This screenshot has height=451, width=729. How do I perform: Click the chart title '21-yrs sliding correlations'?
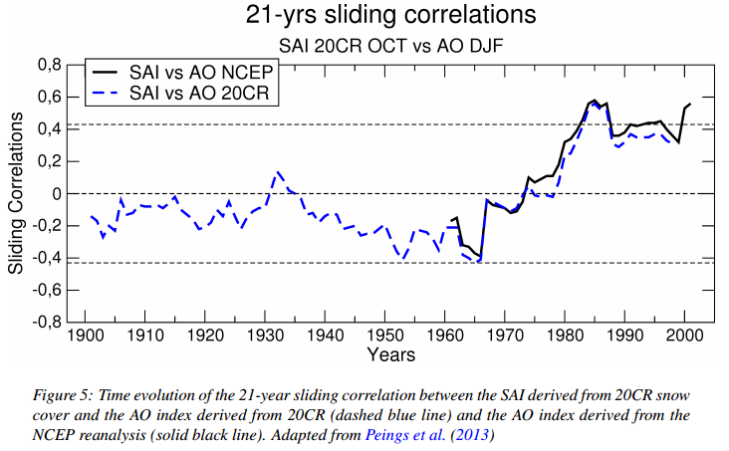coord(390,15)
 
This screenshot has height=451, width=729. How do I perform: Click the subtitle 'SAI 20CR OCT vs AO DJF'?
coord(390,46)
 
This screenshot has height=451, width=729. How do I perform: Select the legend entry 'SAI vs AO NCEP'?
coord(201,72)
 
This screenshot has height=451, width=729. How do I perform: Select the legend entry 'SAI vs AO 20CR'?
coord(199,93)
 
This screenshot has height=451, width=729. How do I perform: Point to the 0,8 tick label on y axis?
coord(50,65)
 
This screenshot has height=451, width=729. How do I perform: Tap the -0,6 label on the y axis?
coord(47,290)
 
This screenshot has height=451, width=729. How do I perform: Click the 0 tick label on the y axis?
coord(57,193)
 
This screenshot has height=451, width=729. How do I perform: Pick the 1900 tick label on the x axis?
coord(85,335)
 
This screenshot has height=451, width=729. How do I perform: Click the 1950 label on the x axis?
coord(385,335)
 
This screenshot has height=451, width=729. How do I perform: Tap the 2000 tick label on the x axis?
coord(684,335)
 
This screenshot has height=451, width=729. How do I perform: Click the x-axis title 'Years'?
coord(391,354)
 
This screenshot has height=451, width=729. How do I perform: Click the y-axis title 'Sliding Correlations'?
coord(15,193)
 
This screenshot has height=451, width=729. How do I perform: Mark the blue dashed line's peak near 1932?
coord(277,171)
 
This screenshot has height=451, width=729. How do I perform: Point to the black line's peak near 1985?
coord(595,100)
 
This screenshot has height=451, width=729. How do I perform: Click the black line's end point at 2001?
coord(690,104)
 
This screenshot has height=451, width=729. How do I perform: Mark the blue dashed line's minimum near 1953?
coord(403,259)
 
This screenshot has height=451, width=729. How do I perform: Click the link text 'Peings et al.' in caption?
coord(405,435)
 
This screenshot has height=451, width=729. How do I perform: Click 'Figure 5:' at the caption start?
coord(64,395)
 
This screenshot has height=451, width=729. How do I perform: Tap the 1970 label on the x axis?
coord(505,335)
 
